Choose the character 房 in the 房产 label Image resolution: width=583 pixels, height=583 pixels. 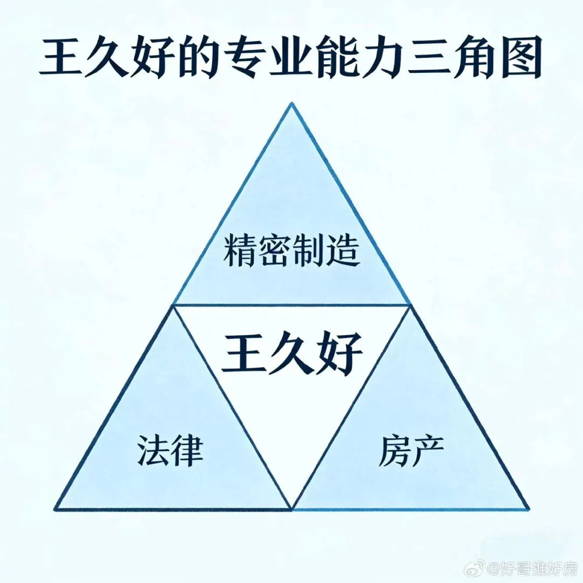[394, 452]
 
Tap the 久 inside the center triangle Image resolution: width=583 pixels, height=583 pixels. [291, 354]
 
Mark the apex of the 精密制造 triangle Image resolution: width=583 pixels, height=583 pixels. [291, 104]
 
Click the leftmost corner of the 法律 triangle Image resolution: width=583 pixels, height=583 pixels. [56, 509]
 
